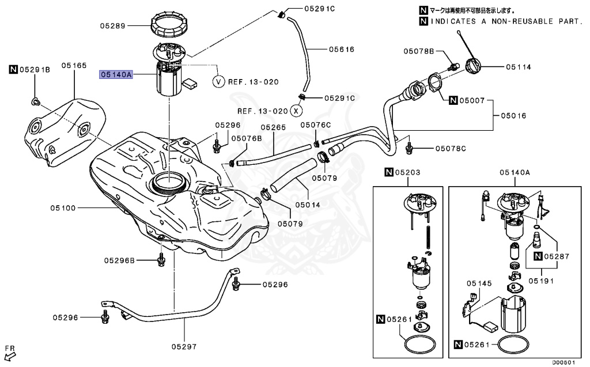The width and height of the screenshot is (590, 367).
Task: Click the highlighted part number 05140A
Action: click(116, 74)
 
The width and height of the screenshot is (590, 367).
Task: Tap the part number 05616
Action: click(342, 49)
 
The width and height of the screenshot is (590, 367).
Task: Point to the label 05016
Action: click(513, 116)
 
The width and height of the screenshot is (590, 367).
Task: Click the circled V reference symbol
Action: click(218, 81)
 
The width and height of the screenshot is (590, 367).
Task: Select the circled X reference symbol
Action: click(297, 111)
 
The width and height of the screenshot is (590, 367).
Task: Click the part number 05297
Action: click(184, 346)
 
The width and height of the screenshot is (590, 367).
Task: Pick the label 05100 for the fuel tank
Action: click(63, 208)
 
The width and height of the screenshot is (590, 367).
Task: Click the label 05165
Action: click(74, 66)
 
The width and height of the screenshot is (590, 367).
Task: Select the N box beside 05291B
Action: click(14, 69)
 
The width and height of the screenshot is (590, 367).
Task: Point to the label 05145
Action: click(479, 283)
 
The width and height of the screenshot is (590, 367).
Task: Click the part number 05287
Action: click(557, 256)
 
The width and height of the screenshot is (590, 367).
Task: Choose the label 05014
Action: click(308, 205)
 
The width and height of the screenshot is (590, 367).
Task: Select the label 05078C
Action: click(451, 148)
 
